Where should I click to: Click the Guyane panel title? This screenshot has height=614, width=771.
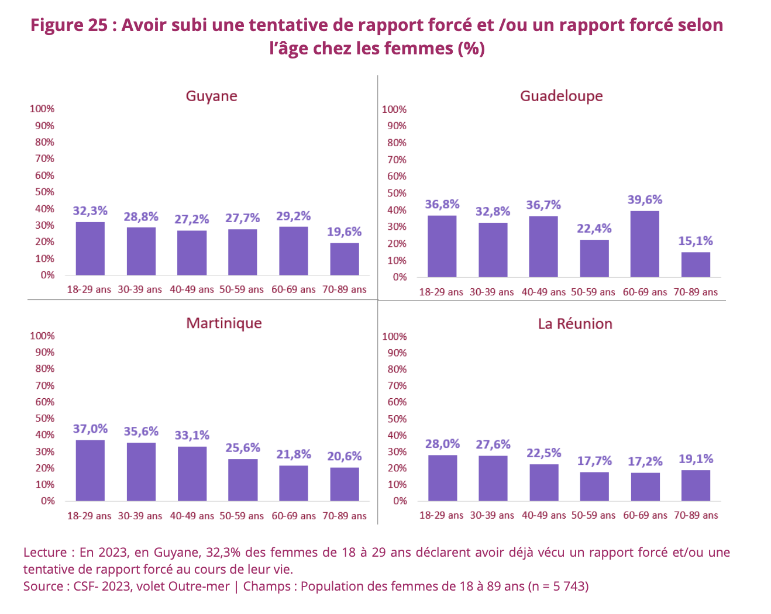[211, 96]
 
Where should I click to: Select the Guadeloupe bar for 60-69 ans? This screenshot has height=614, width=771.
[645, 244]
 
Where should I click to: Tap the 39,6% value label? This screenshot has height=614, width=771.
[645, 200]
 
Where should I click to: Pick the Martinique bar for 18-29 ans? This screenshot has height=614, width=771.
[90, 470]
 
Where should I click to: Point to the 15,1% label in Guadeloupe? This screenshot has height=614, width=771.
[696, 241]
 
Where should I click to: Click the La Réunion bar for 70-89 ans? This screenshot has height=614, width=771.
[696, 485]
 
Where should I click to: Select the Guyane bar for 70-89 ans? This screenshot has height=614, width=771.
[345, 259]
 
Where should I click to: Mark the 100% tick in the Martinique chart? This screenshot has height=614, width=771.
[42, 336]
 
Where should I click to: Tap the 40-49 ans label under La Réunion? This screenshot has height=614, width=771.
[543, 515]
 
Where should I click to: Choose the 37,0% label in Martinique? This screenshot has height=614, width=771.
[90, 429]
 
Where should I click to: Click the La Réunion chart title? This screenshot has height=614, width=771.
[575, 324]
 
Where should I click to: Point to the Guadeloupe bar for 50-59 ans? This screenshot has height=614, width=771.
[594, 258]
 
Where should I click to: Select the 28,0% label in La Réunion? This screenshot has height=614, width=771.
[442, 444]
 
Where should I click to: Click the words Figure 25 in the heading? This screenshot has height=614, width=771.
[69, 25]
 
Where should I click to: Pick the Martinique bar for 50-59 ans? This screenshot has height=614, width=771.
[243, 480]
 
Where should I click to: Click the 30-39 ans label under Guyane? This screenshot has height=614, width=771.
[140, 289]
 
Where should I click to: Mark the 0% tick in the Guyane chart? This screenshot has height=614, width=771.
[47, 275]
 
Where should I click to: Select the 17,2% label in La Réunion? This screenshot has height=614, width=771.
[645, 462]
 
